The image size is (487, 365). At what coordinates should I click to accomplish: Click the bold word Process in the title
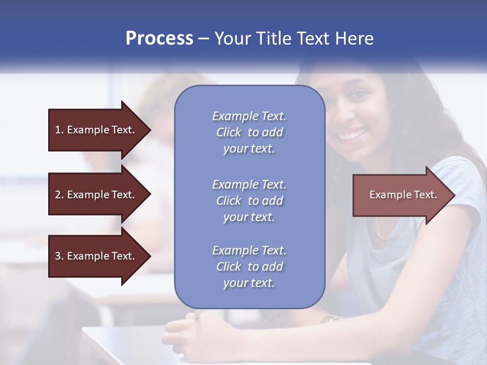click(x=159, y=39)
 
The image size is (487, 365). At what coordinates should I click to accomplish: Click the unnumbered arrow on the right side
click(x=401, y=195)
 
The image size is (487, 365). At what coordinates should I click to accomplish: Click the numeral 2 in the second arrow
click(x=58, y=195)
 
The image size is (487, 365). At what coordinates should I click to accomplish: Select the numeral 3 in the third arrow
click(x=58, y=256)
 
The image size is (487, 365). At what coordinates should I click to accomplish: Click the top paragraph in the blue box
click(x=249, y=132)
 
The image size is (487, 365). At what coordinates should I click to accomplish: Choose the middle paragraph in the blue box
click(x=249, y=201)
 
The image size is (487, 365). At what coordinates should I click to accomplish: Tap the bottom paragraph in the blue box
click(x=249, y=267)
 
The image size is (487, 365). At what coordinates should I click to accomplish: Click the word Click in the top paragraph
click(x=228, y=132)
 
